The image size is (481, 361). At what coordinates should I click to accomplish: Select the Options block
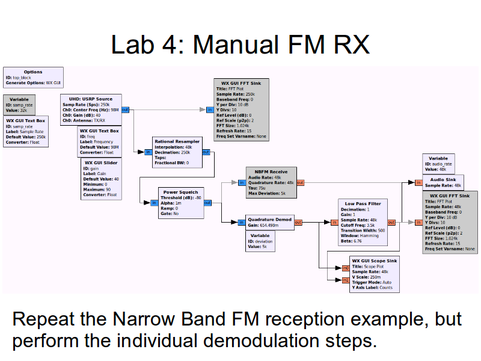click(x=33, y=77)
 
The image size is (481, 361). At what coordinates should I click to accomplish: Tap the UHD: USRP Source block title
click(x=90, y=99)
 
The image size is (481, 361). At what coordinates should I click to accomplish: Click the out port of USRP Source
click(x=125, y=110)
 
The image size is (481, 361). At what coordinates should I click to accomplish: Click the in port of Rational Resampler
click(x=149, y=152)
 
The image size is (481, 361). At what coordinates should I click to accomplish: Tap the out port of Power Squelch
click(x=207, y=203)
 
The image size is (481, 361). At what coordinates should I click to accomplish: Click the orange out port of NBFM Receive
click(x=300, y=182)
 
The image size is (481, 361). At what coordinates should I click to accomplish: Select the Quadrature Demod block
click(x=270, y=222)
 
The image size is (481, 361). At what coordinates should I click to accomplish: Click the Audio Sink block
click(x=444, y=182)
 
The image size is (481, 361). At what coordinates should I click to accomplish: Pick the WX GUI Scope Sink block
click(x=374, y=274)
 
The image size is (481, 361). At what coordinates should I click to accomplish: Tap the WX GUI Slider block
click(x=101, y=179)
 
